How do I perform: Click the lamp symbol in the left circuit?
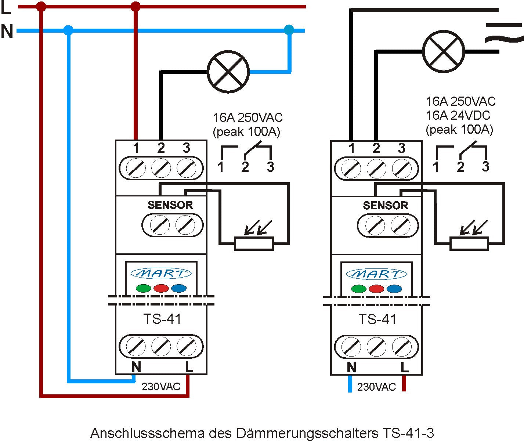coord(228,72)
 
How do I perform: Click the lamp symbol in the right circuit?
coord(443,51)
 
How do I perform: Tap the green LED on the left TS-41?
coord(143,288)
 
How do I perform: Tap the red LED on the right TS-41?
coord(376,289)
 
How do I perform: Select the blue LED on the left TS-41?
coord(179,288)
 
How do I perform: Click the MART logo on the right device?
coord(376,274)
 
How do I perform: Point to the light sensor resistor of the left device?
coord(254,244)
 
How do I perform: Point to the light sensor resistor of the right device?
coord(469,244)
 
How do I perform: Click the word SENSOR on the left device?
coord(170,205)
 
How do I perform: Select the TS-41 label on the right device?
coord(377,319)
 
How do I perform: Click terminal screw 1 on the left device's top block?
coord(135,169)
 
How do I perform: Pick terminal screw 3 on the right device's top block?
coord(401,169)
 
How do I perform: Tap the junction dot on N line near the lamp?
coord(289,30)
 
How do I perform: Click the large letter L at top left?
coord(6,8)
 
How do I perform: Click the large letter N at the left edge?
coord(7,32)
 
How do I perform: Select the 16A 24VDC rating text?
coord(458,115)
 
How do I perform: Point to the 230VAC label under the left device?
coord(161,387)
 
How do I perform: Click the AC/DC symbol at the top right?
coord(503,32)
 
